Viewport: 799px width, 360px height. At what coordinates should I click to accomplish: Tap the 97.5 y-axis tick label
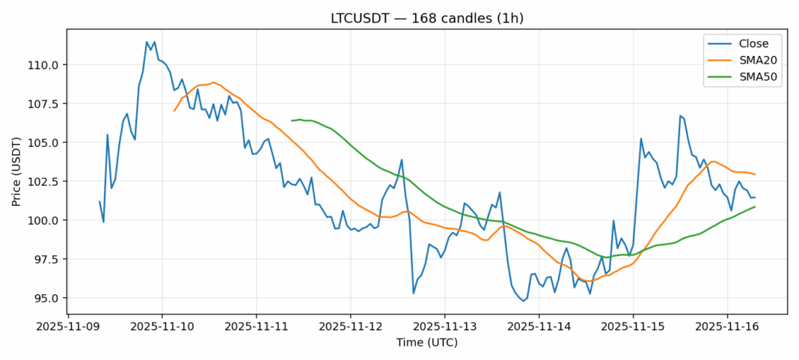coord(47,260)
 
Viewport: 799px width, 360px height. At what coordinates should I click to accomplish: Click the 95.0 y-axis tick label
coord(47,299)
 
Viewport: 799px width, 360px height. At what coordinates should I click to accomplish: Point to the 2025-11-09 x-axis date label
coord(68,326)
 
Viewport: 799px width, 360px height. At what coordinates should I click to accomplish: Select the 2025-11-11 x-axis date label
coord(257,326)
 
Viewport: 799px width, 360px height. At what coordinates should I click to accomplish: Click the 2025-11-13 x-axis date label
coord(444,326)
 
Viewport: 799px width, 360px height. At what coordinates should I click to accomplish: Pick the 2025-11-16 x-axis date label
coord(727,326)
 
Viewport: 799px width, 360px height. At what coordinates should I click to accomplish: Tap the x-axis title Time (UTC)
coord(426,343)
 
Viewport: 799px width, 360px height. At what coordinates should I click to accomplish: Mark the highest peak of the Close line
coord(147,42)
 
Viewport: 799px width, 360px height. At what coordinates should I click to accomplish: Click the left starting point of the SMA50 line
coord(292,120)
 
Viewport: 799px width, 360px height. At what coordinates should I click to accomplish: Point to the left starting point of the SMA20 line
coord(174,111)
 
